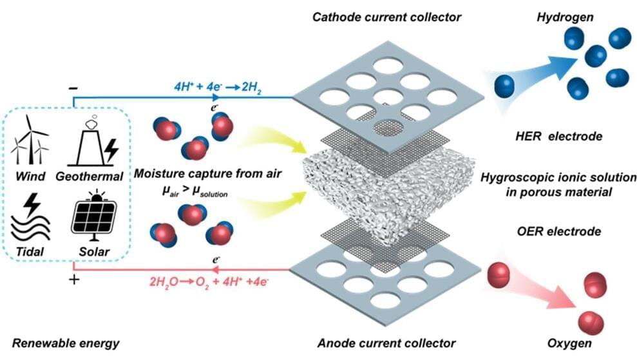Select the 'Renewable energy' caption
pyautogui.click(x=64, y=343)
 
